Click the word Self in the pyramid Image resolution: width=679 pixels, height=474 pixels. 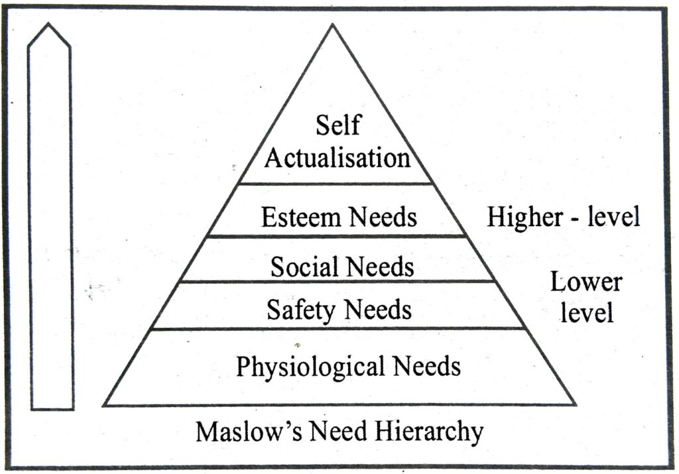338,126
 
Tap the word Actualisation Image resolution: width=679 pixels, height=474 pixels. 338,158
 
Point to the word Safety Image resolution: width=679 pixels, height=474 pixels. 297,309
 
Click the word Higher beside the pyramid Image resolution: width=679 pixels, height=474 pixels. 521,217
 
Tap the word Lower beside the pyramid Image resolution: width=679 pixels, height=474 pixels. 586,283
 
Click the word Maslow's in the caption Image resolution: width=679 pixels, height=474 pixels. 245,432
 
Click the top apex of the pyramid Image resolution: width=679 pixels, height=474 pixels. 333,26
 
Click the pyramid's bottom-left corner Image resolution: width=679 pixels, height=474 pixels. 104,404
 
